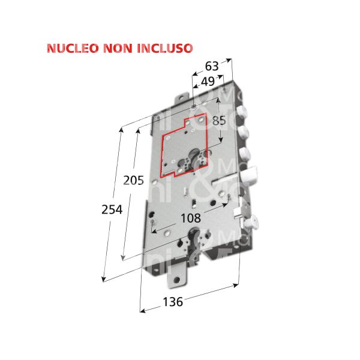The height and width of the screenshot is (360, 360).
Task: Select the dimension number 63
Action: click(212, 66)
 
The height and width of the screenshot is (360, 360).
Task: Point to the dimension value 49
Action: click(208, 81)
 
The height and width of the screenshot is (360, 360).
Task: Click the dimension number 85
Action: click(219, 120)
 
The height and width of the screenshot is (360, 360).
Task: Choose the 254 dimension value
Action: click(112, 209)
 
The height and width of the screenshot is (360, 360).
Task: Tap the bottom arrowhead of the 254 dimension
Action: click(104, 280)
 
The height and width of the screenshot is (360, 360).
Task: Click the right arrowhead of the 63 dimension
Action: click(230, 60)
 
